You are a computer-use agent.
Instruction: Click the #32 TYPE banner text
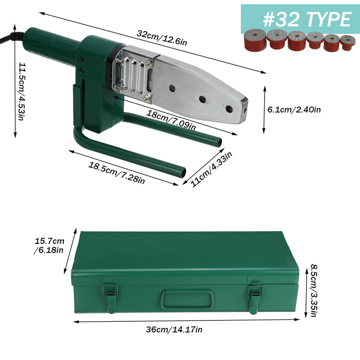coord(307,19)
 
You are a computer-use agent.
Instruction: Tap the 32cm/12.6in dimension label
coord(162,38)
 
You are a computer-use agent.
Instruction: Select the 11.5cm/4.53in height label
coord(22,91)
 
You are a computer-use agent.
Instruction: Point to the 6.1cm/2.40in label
coord(294,109)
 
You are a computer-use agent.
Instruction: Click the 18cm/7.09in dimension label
coord(171,120)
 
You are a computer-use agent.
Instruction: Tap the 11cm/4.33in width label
coord(211,169)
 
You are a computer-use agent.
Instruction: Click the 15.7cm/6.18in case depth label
coord(49,246)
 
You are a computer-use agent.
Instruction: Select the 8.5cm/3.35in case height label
coord(314,290)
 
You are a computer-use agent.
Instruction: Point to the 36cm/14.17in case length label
coord(174,329)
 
